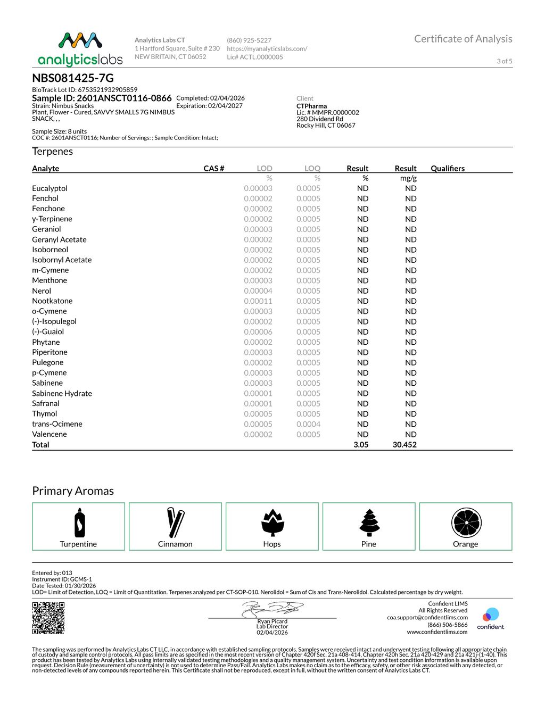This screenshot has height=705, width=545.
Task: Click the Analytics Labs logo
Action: point(80,49)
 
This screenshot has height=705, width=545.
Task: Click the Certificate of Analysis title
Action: point(463,39)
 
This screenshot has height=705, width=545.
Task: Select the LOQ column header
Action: point(312,168)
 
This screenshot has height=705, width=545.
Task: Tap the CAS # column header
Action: point(213,168)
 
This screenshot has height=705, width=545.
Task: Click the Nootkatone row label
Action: point(52,301)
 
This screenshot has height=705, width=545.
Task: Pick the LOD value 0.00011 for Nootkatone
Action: point(258,301)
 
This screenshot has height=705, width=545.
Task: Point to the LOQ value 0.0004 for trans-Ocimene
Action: point(308,424)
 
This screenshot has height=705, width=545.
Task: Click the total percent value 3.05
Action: point(361,445)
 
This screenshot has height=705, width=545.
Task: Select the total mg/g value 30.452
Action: point(404,445)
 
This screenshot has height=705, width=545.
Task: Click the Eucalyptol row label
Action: point(49,188)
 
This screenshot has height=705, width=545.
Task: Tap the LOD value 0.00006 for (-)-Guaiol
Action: point(258,331)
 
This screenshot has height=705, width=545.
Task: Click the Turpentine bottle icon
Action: point(79,522)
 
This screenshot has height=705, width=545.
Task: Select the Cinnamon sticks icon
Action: point(176,522)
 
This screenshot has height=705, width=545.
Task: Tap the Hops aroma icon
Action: point(272,522)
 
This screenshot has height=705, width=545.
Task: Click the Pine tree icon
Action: point(369,522)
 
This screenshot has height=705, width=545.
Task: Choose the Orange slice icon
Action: point(466,522)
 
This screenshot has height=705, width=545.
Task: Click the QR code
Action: point(48,618)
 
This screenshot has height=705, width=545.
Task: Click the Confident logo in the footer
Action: point(490,618)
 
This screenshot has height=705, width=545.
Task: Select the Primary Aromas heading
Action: point(73,491)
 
